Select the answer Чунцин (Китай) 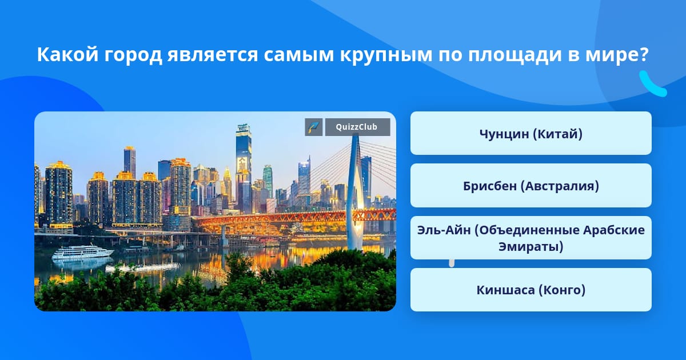coord(531,134)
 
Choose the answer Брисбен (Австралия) coord(531,186)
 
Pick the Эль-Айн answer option coord(531,238)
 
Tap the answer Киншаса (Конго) coord(531,290)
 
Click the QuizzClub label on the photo coord(357,127)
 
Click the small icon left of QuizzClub coord(314,127)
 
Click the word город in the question coord(133,55)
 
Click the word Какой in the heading coord(67,54)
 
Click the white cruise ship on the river coord(82,252)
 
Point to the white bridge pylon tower coord(355,193)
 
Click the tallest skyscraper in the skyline coord(244,168)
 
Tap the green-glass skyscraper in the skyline coord(268,181)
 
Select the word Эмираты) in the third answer coord(531,247)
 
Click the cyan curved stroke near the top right coord(653,85)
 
